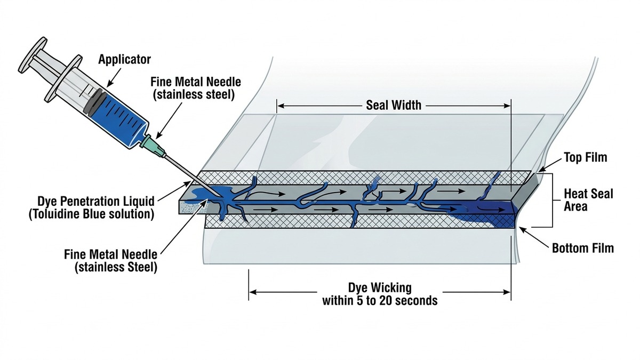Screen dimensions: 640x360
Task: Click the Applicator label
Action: pos(124,59)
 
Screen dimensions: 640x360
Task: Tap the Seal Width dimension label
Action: pos(394,106)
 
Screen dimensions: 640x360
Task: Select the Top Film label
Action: pos(586,157)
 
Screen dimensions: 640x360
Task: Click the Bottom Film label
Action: pos(583,248)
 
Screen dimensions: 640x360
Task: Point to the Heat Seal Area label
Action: pos(588,200)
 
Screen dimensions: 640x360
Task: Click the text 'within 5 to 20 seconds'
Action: pos(380,300)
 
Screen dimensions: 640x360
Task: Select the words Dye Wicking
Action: pos(380,287)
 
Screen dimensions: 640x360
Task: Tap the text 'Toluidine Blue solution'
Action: pos(91,214)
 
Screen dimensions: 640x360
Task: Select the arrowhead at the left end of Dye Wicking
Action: pos(253,292)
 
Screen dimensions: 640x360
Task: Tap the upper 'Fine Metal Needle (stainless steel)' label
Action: pos(195,88)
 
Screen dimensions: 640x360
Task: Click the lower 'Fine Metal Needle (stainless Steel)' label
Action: pos(110,261)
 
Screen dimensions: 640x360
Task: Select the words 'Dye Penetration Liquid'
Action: pos(96,202)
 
